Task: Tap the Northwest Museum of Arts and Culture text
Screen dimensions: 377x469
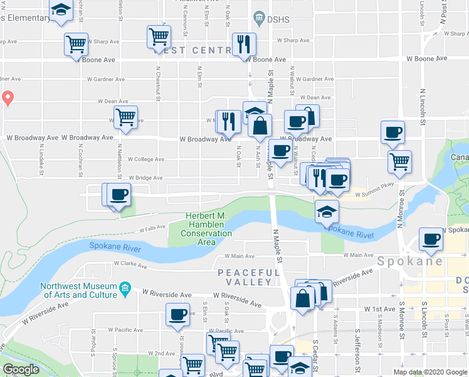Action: click(80, 290)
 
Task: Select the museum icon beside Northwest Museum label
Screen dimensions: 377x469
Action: click(125, 287)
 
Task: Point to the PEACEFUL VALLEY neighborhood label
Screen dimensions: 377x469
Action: click(249, 277)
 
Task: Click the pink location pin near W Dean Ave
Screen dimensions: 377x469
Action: click(8, 97)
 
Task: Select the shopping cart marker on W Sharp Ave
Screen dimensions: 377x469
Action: click(76, 44)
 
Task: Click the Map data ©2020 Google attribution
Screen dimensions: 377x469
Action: click(429, 372)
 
